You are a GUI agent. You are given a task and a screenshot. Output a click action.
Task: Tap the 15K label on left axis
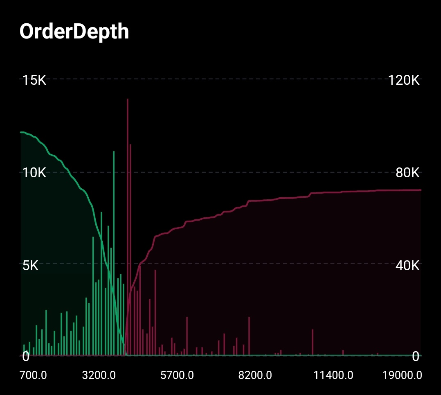[34, 80]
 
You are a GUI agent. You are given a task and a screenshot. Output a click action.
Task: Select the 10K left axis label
[34, 173]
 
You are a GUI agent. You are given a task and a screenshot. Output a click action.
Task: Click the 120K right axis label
[404, 80]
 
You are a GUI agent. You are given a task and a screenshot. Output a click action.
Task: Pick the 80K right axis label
[407, 173]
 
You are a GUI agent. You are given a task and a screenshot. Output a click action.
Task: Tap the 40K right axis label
[407, 266]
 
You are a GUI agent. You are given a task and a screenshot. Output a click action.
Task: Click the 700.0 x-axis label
[33, 375]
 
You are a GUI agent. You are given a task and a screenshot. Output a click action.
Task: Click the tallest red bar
[128, 225]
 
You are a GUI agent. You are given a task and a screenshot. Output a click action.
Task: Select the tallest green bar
[114, 254]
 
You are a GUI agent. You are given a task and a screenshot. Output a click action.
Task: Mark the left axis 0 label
[26, 356]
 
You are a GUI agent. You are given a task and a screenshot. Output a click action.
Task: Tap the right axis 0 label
[416, 356]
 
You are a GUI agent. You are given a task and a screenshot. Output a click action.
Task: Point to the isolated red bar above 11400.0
[313, 342]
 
